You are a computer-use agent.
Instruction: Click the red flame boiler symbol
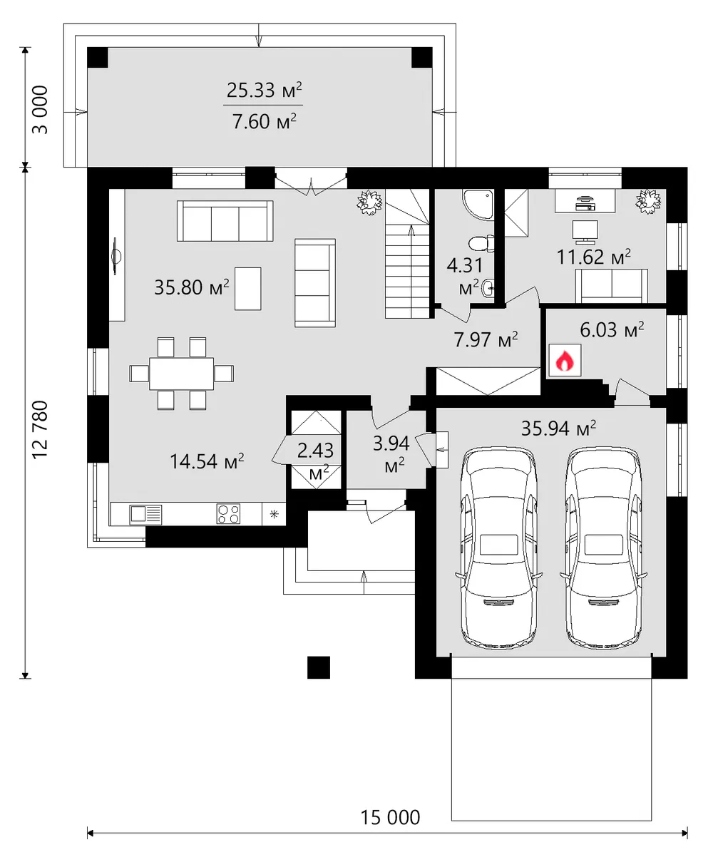565,360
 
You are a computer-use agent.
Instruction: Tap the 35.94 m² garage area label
558,428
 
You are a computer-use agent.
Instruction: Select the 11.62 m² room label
593,257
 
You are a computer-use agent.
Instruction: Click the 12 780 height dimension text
40,430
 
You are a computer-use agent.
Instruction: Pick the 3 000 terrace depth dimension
40,110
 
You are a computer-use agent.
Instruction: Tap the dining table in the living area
181,374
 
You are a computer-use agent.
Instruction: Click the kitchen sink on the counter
145,515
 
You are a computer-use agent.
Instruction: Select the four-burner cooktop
228,514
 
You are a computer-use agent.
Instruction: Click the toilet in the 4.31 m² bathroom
481,243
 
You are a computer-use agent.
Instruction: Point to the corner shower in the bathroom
478,205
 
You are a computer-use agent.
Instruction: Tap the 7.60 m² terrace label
265,121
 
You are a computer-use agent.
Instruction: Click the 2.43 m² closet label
316,459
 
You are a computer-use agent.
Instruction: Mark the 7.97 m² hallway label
486,340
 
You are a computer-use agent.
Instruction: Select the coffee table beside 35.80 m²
248,289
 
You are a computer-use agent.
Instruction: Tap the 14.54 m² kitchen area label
207,461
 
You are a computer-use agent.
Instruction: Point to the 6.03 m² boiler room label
612,329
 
